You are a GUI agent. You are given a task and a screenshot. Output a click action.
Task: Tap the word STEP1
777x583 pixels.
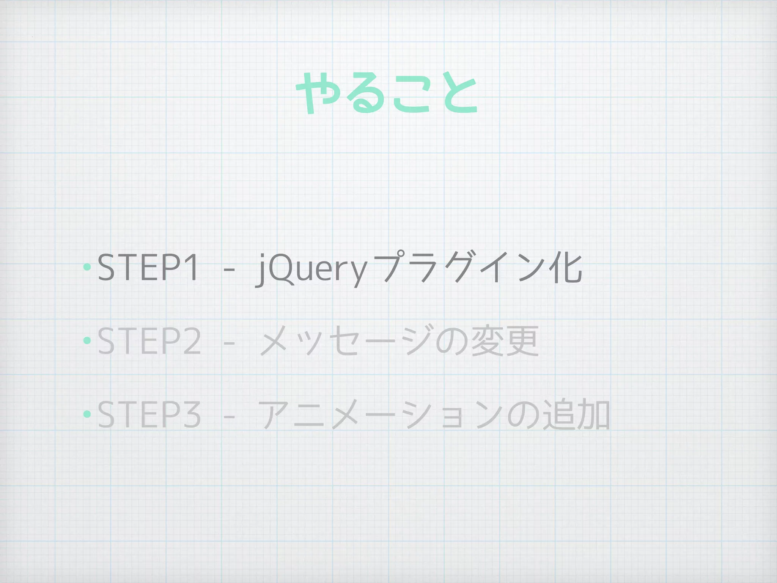point(148,268)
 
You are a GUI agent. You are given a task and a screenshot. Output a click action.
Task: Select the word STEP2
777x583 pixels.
point(149,341)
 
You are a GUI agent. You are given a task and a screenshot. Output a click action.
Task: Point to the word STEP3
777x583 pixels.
point(149,414)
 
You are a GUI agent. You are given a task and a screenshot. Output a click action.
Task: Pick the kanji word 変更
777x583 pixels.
point(505,341)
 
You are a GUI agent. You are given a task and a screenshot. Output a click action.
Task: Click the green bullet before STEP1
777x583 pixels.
point(87,267)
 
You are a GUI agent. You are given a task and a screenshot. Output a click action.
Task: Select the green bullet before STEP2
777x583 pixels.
point(87,340)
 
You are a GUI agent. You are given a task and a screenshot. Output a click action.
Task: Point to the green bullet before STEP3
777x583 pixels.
point(87,414)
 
